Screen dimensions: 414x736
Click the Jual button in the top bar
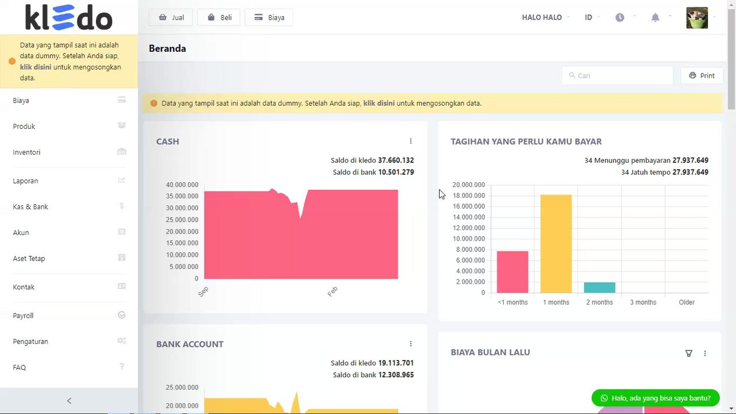[171, 17]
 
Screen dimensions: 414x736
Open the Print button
[702, 75]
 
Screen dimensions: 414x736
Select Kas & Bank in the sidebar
[30, 206]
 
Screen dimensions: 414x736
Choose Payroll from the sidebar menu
[23, 316]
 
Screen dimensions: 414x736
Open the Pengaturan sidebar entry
[30, 342]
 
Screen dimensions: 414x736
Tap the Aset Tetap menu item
[29, 258]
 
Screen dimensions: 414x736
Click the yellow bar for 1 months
[556, 244]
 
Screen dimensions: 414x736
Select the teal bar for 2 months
[599, 287]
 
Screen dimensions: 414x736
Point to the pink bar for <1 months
[512, 272]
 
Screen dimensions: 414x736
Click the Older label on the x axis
[687, 302]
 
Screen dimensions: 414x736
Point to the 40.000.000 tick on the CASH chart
[182, 185]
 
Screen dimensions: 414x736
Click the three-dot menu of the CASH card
[410, 141]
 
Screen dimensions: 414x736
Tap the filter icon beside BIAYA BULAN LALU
[688, 354]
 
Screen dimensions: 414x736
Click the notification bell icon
[655, 17]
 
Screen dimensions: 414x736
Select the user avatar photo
[697, 17]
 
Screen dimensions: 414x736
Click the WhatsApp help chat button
[655, 398]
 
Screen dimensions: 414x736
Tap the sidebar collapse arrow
[69, 401]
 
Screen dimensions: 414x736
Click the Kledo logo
[68, 17]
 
